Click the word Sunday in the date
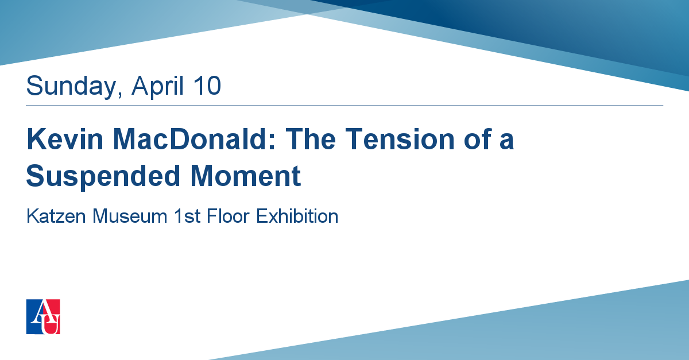71,86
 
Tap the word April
157,86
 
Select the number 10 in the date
207,86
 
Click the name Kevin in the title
65,139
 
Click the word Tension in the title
400,139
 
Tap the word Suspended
103,177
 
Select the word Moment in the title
246,176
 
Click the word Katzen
56,216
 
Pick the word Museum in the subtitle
130,216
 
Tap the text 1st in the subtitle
187,216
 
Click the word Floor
228,216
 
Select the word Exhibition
297,216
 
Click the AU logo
43,316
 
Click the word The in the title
311,139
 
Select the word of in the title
478,139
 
